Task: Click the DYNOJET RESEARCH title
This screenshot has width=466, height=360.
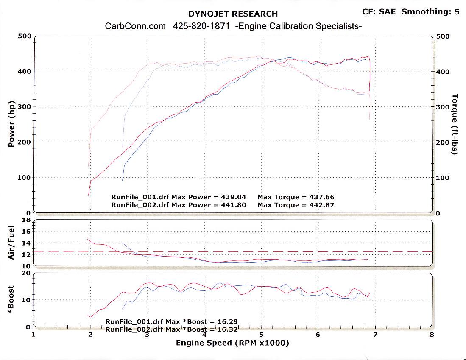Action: [x=233, y=14]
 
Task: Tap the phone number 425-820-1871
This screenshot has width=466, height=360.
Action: [x=201, y=26]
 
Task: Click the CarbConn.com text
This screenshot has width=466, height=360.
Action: [x=135, y=26]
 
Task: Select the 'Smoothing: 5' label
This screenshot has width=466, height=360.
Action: [x=430, y=11]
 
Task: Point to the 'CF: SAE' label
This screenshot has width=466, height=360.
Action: [x=379, y=11]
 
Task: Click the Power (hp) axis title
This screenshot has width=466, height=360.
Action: [x=12, y=124]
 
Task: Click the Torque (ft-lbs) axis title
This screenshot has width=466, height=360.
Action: [x=455, y=124]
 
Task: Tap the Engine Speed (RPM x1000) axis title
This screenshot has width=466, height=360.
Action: [x=232, y=343]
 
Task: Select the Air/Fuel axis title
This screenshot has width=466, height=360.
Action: [x=12, y=243]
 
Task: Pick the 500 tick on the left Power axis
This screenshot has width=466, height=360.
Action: [x=25, y=36]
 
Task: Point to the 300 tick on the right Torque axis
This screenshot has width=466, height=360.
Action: [x=442, y=107]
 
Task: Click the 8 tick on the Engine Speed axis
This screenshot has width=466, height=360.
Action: [x=432, y=334]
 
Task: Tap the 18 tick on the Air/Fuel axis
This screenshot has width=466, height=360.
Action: [x=26, y=220]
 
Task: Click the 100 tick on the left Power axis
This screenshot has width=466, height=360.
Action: [x=25, y=177]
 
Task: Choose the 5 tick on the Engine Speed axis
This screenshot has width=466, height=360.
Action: [x=261, y=334]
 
